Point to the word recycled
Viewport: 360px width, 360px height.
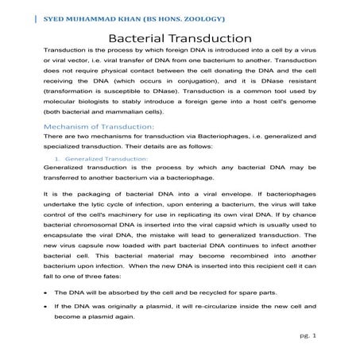pos(214,293)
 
